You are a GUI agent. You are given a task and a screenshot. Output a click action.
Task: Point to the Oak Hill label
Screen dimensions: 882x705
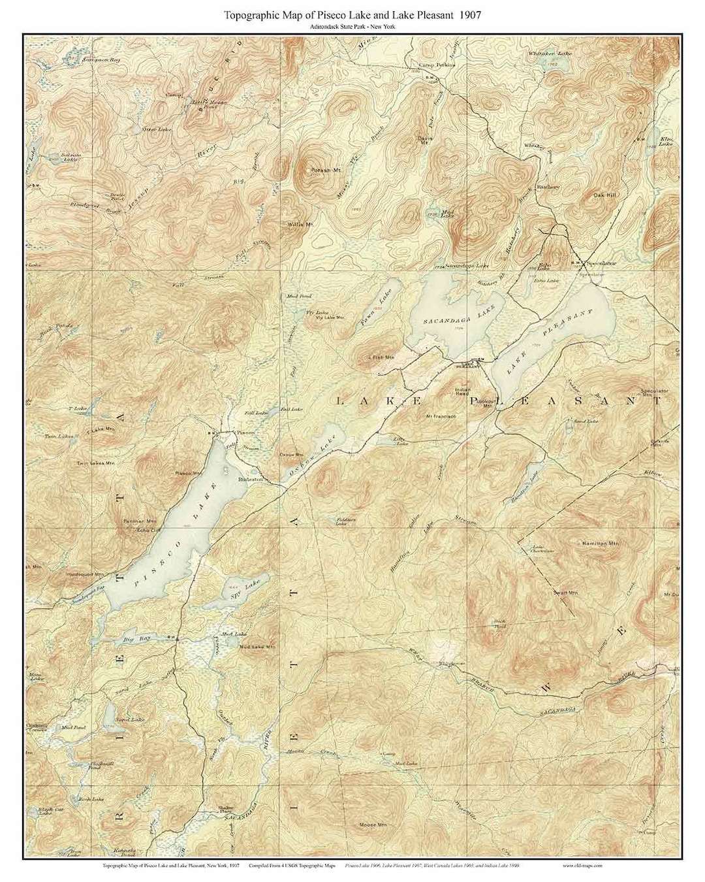[604, 195]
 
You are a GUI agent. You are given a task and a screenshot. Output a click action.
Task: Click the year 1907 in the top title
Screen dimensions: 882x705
[469, 14]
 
